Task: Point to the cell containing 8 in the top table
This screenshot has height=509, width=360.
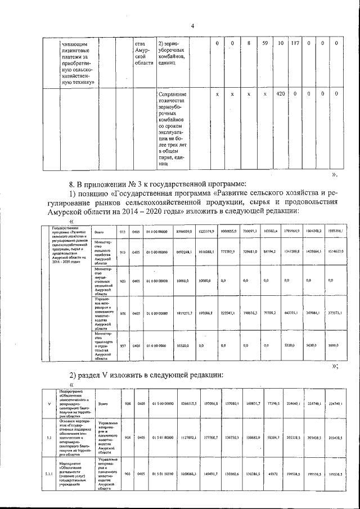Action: click(x=248, y=43)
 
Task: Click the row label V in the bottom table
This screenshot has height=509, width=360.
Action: click(x=48, y=403)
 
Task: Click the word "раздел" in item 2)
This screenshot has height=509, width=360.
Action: click(x=94, y=375)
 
